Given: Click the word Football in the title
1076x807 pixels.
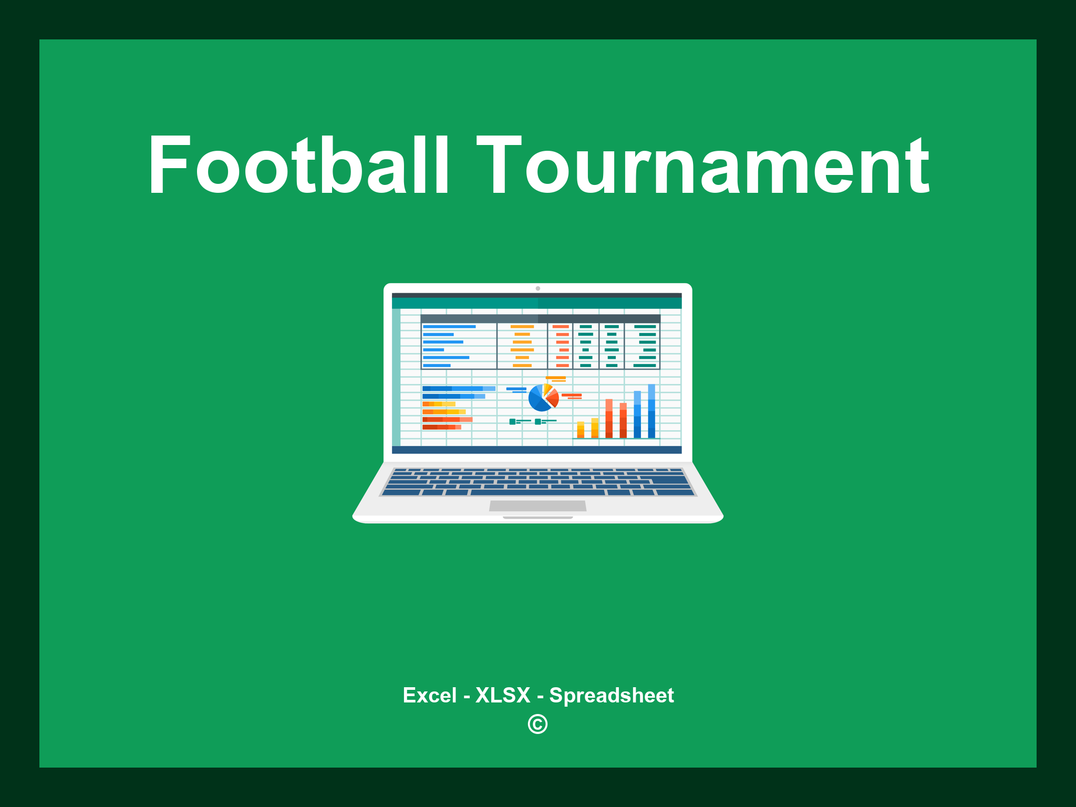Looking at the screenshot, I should (298, 165).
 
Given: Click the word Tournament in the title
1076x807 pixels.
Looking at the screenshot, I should (703, 165).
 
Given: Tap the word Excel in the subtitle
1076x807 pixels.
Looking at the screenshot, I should (429, 695).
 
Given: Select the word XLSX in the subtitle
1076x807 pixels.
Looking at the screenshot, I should (503, 695).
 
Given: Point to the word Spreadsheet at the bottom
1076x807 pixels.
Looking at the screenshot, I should (611, 695).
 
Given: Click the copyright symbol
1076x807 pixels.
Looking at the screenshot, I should (537, 724).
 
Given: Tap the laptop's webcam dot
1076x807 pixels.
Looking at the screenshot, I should (537, 288).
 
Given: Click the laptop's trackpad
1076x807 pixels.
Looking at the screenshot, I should (537, 506).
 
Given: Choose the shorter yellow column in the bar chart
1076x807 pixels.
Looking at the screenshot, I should (581, 429).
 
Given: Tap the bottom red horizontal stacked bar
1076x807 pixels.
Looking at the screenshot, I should (441, 427).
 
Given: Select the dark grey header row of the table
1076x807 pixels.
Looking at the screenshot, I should (540, 319).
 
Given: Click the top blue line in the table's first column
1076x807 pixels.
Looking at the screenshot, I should (449, 327).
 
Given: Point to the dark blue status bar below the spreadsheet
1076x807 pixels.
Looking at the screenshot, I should (536, 450).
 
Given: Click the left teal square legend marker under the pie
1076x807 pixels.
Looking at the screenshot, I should (512, 421).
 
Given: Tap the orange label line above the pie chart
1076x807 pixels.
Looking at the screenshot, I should (555, 378).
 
